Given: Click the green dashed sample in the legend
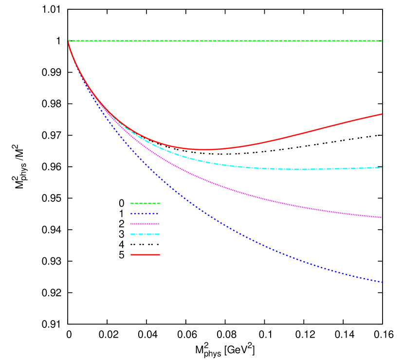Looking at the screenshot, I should point(145,203).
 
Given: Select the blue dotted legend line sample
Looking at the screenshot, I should point(145,214).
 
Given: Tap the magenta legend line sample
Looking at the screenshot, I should point(145,224).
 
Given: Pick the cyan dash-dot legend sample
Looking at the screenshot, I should point(145,234).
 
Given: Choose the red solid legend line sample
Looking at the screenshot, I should point(145,254).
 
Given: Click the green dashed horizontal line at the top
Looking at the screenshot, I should point(224,41).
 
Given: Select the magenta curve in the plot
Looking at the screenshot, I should point(243,193).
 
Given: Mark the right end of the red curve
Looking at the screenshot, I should point(382,114).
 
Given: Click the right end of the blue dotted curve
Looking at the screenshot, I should point(382,282).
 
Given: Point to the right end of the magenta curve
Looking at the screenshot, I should point(382,217).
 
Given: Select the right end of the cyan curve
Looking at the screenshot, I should point(382,167).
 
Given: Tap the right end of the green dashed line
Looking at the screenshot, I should point(382,41).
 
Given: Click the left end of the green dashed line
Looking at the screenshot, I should point(69,41).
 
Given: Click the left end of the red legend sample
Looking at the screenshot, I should point(131,254).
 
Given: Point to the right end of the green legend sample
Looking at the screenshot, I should point(160,203).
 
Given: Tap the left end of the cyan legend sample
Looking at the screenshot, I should point(131,234).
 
